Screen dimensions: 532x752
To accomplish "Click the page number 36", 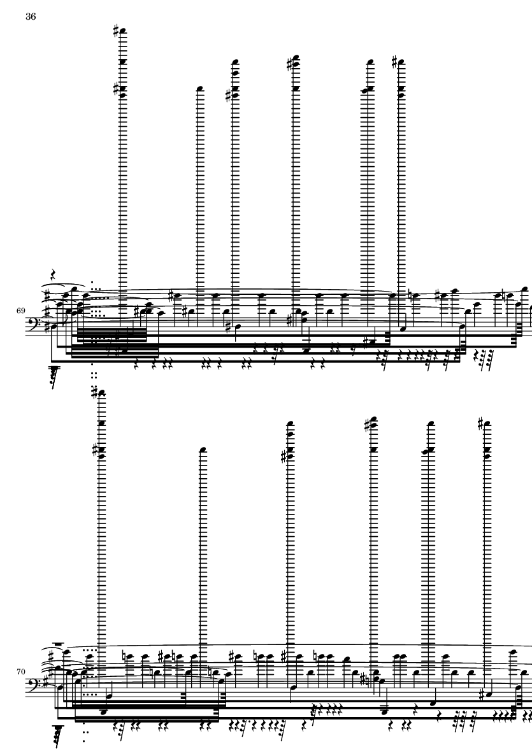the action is coord(30,17).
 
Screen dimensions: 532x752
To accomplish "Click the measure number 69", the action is coord(20,311).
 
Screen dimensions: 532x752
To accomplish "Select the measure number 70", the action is coord(20,672).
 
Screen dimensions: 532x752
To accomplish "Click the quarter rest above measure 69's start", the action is coord(53,275).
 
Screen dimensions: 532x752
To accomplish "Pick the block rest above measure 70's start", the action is coord(59,644).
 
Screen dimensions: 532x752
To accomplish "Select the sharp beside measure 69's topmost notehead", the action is coord(116,32).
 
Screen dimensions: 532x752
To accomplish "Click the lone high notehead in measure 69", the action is coord(200,89).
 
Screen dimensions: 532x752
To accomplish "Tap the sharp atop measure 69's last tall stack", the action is coord(394,62).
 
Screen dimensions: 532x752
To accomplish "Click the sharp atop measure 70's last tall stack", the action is coord(480,423).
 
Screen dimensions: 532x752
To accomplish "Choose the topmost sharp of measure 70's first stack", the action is coord(95,393).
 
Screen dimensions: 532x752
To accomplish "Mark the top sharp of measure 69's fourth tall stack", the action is coord(289,63).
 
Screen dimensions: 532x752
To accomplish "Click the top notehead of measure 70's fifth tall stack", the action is coord(431,424).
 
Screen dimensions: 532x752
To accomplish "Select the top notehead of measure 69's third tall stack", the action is coord(236,62).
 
